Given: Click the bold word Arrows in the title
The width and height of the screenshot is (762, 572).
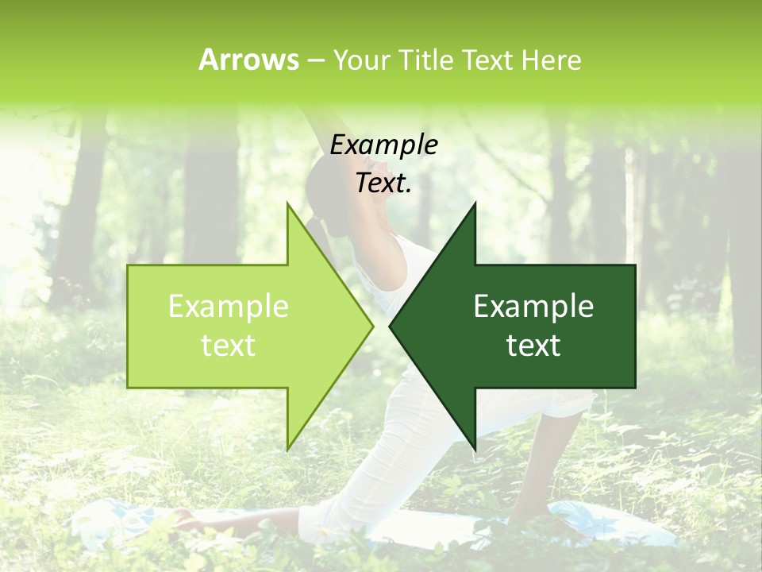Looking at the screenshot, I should (248, 60).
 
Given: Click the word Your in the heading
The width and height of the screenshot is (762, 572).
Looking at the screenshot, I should (360, 60).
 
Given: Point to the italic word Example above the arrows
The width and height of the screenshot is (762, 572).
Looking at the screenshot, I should (383, 145).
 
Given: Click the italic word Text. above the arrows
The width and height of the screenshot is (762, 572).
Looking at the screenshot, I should (383, 184).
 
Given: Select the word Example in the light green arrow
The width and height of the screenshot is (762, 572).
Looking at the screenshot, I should (229, 307).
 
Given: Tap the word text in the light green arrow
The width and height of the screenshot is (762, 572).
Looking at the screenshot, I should (229, 346).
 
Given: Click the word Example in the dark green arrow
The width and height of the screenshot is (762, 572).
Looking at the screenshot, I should (533, 307).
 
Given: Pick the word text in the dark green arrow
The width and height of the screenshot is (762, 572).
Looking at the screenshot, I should (533, 346).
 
